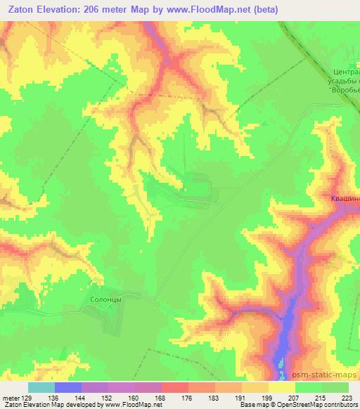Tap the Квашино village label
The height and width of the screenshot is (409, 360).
pyautogui.click(x=345, y=199)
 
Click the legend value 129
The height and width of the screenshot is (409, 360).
pyautogui.click(x=27, y=397)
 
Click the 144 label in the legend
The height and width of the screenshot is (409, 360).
pyautogui.click(x=82, y=397)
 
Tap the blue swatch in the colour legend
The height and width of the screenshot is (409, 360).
pyautogui.click(x=67, y=387)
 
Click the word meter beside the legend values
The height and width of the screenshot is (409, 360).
pyautogui.click(x=10, y=397)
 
